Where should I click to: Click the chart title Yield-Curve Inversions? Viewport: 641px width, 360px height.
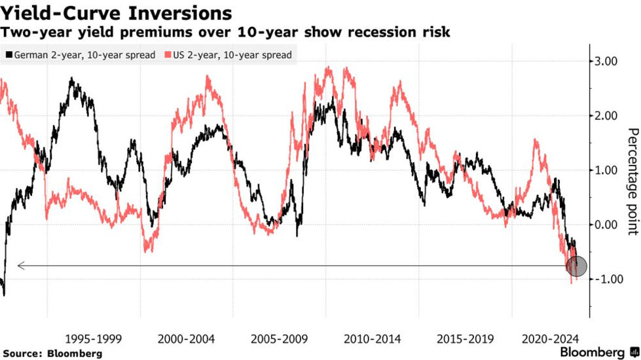[116, 12]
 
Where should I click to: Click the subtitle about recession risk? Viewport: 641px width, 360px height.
[227, 32]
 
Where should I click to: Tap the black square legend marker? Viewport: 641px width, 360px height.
[9, 55]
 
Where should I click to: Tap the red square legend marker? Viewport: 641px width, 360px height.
[168, 55]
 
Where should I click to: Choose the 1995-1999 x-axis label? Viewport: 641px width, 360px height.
[94, 339]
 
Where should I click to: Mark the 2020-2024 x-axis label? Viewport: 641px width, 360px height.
[551, 339]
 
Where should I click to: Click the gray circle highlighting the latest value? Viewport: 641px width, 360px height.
[577, 266]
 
